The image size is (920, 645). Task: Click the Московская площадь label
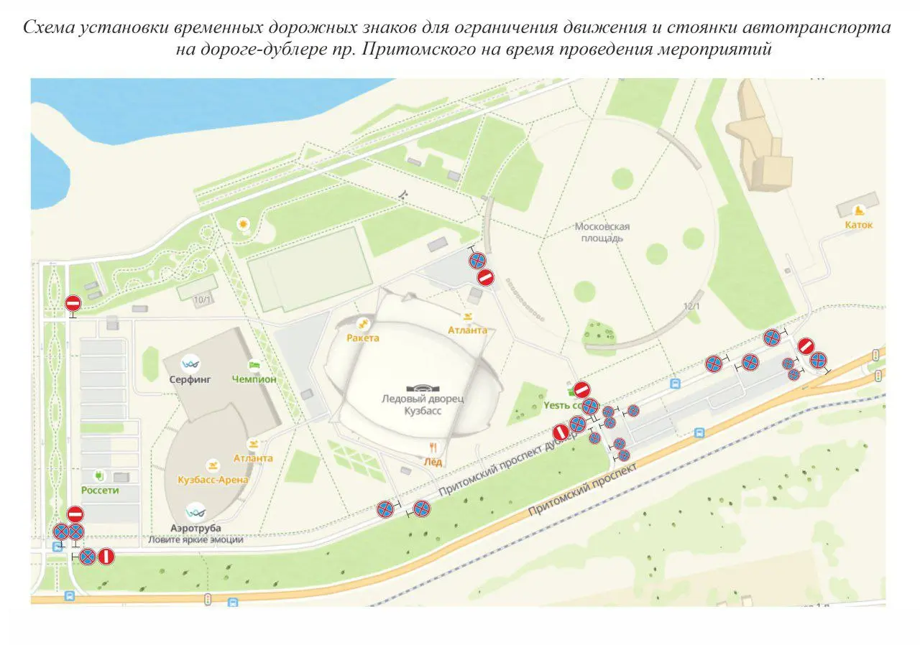[602, 232]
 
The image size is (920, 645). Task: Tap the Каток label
[858, 225]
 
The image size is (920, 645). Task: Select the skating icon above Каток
[857, 210]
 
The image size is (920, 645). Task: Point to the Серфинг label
[190, 380]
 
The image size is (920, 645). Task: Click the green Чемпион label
[254, 379]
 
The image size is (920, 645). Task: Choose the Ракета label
[362, 337]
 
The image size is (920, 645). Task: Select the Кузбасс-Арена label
[213, 480]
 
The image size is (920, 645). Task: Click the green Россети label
[100, 491]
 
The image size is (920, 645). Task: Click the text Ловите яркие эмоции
[195, 539]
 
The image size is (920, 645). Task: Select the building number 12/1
[691, 306]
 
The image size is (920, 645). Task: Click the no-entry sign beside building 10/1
[73, 304]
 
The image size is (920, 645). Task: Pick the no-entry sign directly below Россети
[75, 514]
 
